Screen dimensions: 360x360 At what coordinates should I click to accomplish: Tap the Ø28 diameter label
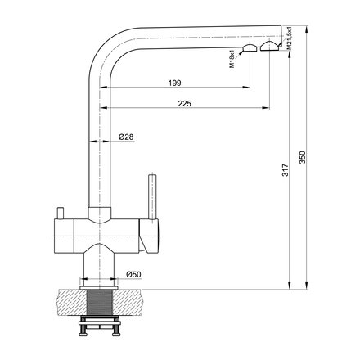point(126,137)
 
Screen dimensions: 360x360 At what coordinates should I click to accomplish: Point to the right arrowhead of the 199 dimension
point(245,89)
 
